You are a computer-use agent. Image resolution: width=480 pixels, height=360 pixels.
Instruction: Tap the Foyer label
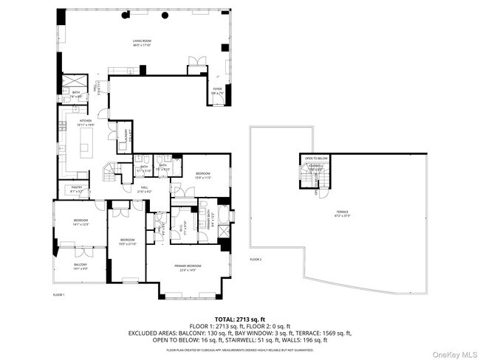coord(217,91)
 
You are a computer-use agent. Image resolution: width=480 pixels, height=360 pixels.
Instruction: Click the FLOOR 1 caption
coord(58,295)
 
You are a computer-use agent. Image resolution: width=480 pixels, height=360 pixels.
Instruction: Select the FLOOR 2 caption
coord(256,260)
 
